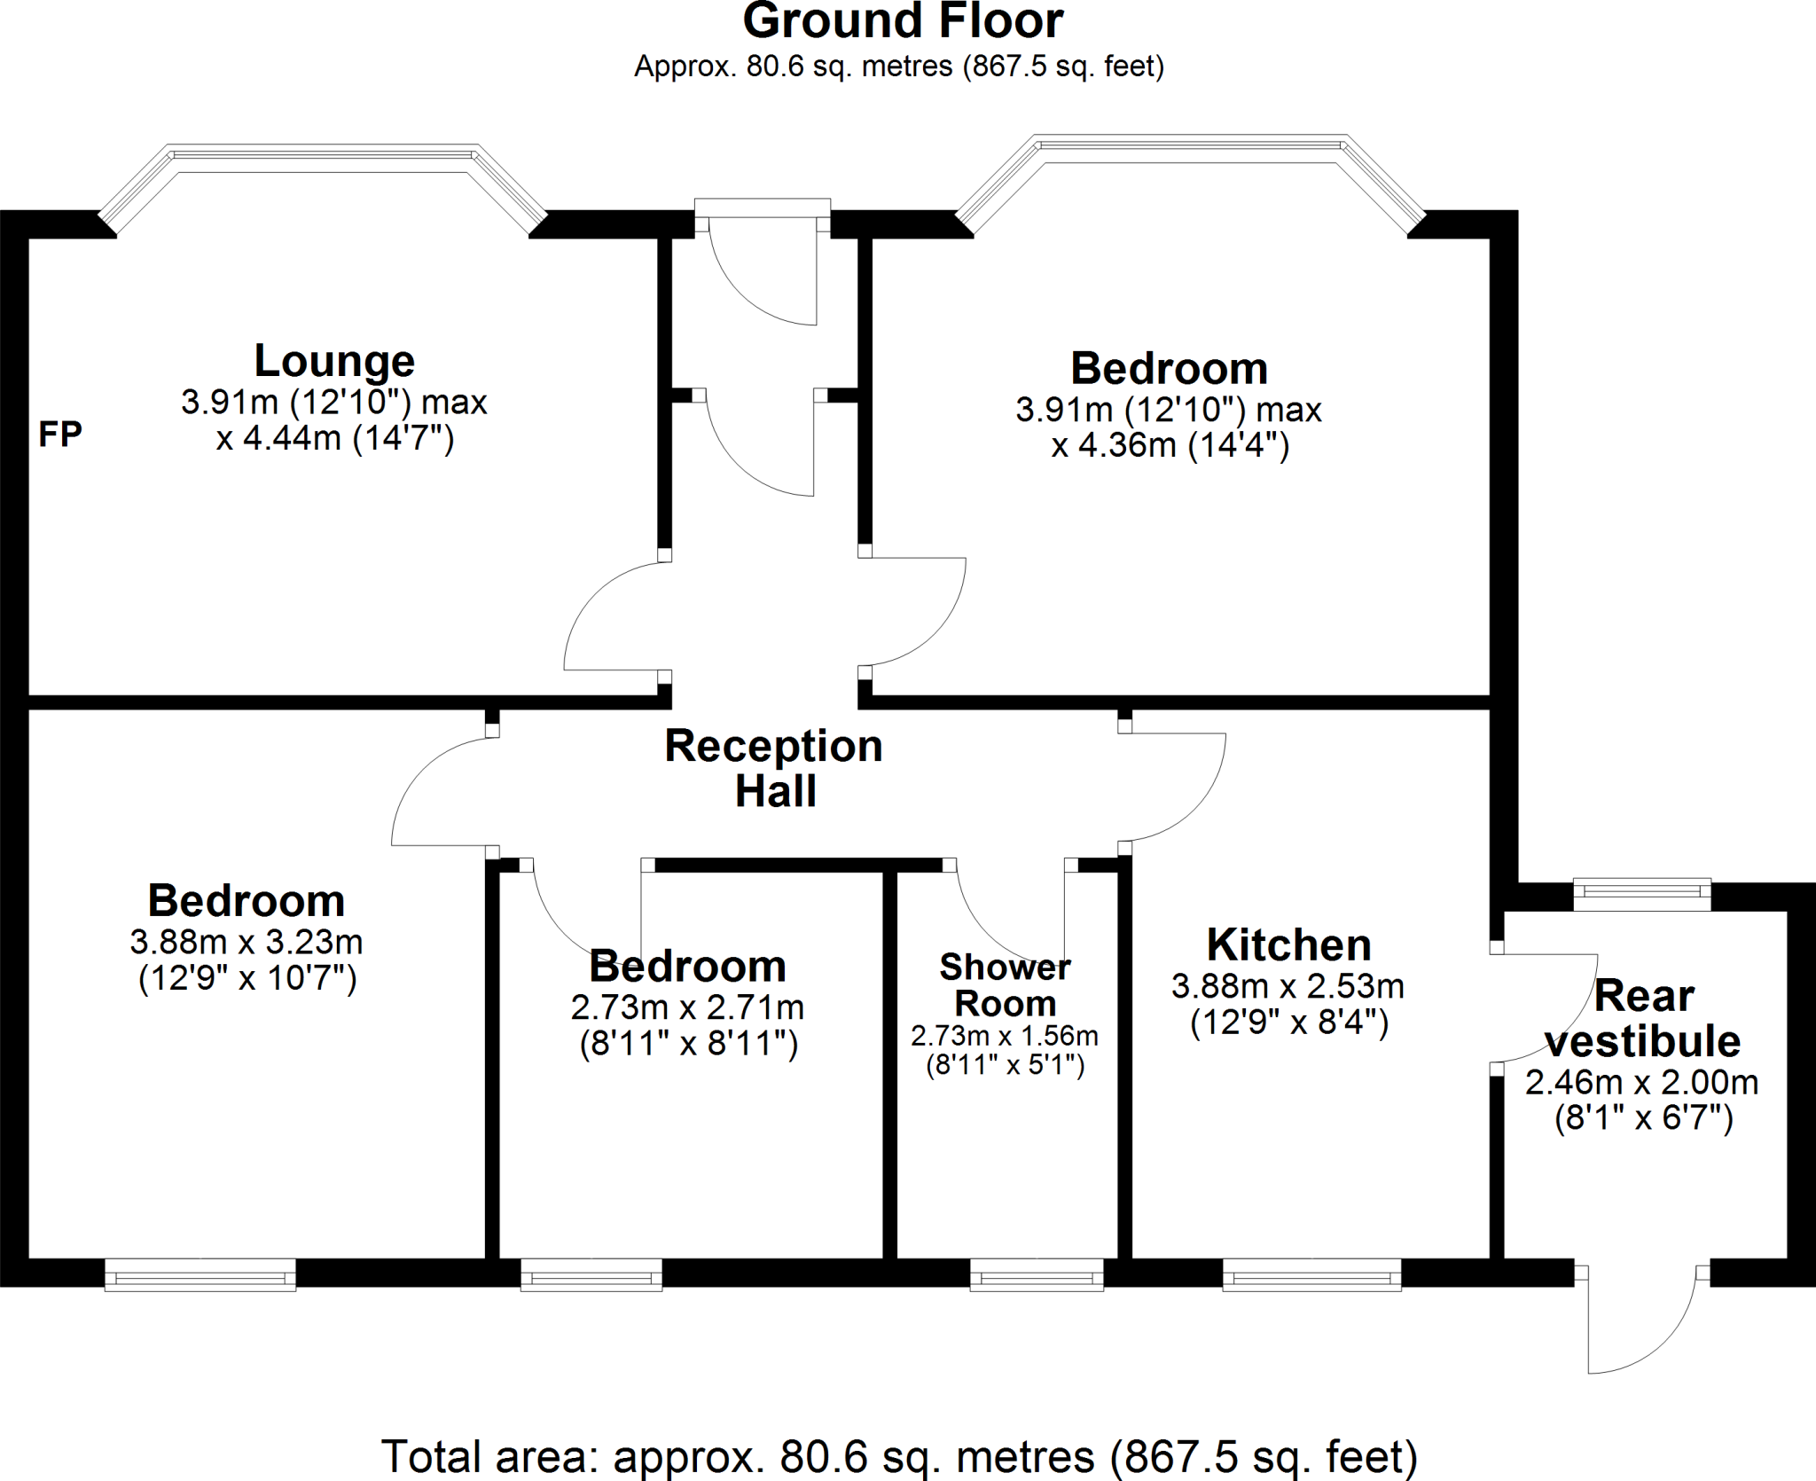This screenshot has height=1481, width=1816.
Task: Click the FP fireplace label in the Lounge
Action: (x=60, y=435)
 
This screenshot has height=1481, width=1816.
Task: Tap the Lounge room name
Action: (x=334, y=361)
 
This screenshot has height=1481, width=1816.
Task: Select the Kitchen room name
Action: (x=1288, y=944)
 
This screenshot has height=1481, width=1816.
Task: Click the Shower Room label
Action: (x=1005, y=985)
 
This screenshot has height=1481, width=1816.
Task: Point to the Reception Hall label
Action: (x=774, y=768)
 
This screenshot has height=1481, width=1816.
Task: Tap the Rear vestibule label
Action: (x=1643, y=1018)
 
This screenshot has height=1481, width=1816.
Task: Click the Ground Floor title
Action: (x=902, y=21)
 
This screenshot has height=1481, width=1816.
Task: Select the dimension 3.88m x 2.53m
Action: (x=1288, y=986)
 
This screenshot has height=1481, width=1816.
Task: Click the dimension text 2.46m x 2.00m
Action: (x=1641, y=1082)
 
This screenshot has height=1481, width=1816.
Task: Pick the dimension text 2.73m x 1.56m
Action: (x=1004, y=1036)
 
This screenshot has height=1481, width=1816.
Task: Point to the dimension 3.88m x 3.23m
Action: (x=247, y=942)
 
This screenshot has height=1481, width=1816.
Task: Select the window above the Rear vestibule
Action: (x=1641, y=894)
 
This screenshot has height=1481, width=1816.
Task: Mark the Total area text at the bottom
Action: (x=899, y=1456)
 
